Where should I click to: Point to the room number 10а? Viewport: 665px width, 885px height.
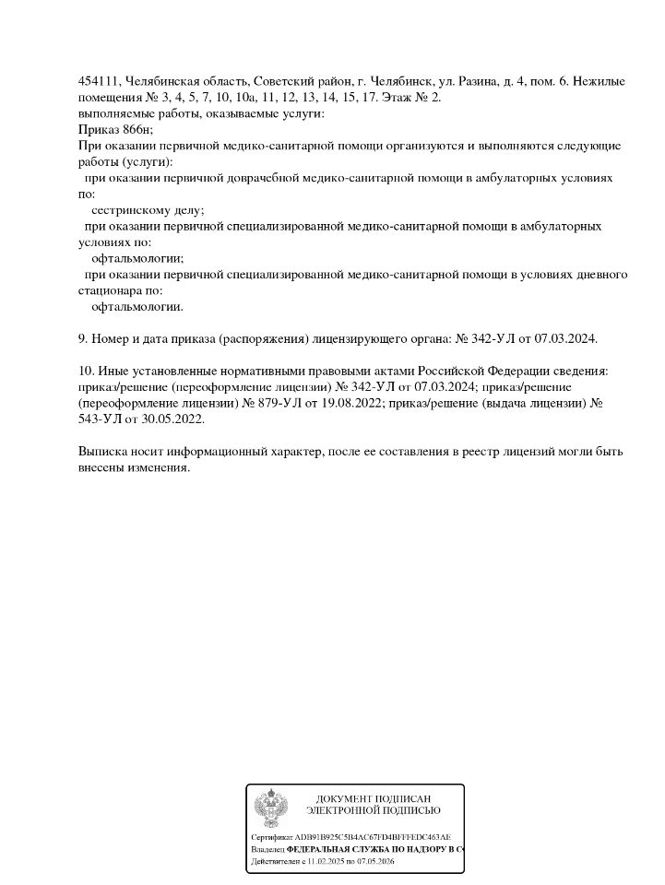[244, 98]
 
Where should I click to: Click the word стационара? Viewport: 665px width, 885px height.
[109, 290]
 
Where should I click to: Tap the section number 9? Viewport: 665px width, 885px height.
[82, 339]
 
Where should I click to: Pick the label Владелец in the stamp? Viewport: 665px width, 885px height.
[267, 848]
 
